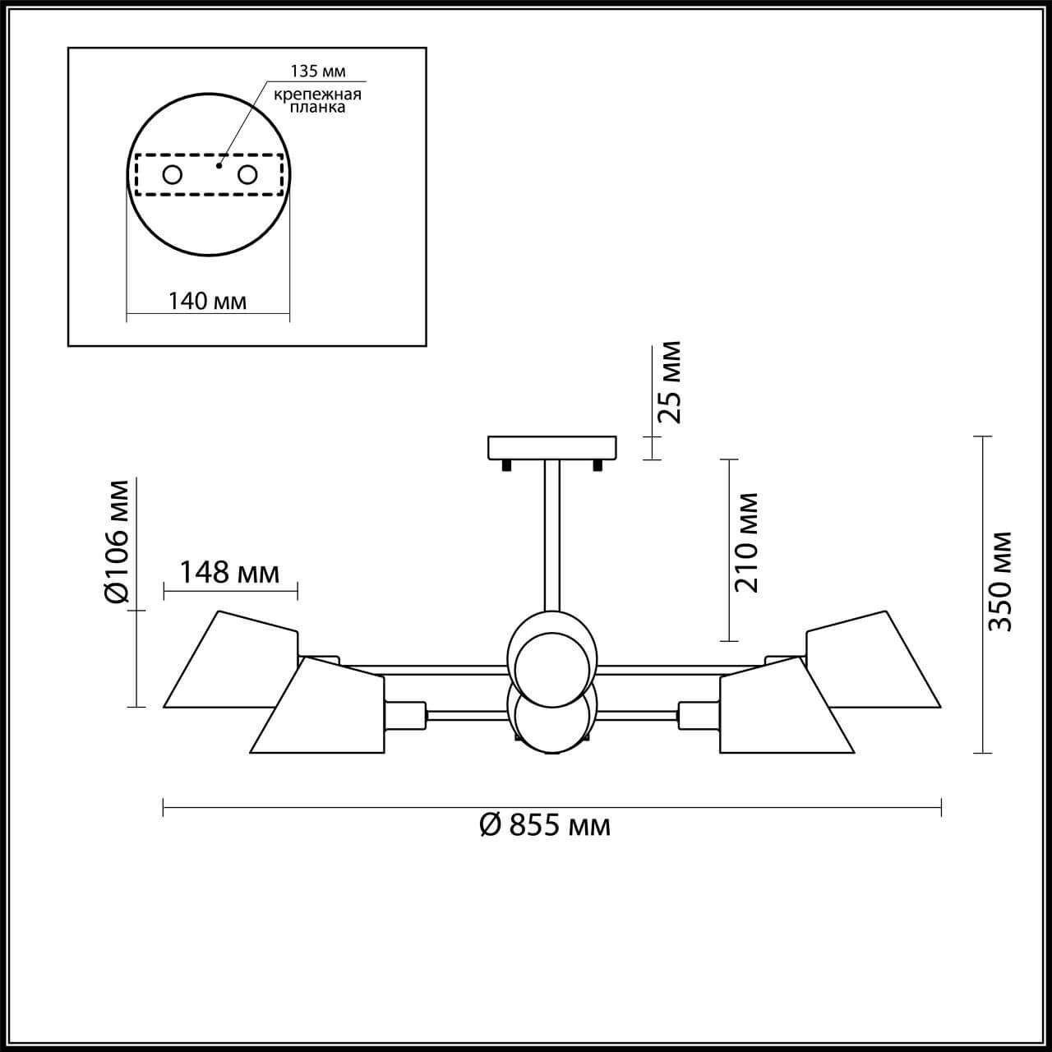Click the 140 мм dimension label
pos(207,301)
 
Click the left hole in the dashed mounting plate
pos(173,174)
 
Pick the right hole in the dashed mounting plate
pos(247,174)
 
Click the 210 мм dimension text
pos(746,542)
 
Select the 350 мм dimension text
pos(999,581)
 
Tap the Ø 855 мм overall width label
pos(545,824)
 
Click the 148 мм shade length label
pos(229,572)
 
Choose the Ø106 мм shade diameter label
pos(118,542)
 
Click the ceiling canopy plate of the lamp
pos(551,447)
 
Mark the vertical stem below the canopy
pos(551,534)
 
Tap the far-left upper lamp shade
pos(230,662)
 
